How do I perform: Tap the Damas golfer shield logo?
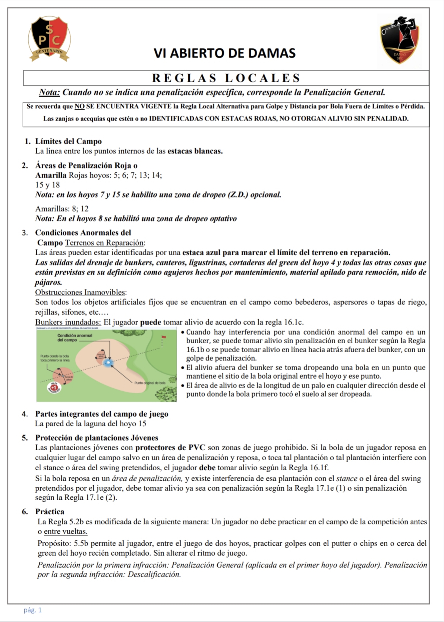tap(400, 39)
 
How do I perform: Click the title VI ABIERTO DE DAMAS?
tap(224, 53)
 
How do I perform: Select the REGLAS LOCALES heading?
tap(226, 78)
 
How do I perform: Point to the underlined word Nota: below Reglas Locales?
tap(50, 92)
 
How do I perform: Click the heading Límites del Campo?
tap(68, 141)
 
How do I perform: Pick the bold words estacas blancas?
tap(195, 151)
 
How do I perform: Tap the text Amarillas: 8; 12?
tap(62, 209)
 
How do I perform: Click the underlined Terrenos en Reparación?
tap(105, 243)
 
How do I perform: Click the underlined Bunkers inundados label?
tap(68, 322)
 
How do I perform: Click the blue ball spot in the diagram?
tap(109, 362)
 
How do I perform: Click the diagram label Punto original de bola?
tap(150, 383)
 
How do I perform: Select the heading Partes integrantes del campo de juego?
tap(102, 414)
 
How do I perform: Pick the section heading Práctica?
tap(50, 511)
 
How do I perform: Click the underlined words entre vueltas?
tap(66, 532)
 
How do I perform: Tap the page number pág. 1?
tap(33, 610)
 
